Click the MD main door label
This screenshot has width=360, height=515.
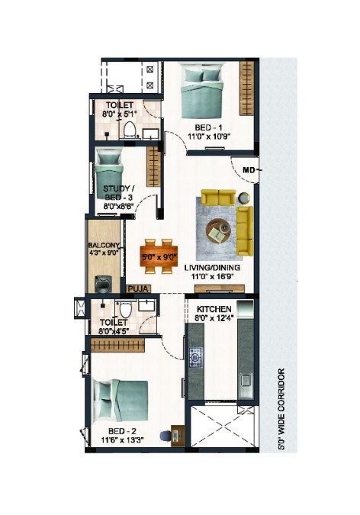click(249, 170)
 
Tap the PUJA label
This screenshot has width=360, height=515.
click(139, 289)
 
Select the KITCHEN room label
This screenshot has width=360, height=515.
click(214, 309)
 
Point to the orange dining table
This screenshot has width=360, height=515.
click(159, 256)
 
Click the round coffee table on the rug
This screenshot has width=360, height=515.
click(219, 230)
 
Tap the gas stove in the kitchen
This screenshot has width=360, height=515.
click(195, 356)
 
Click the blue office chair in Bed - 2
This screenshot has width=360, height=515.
click(166, 436)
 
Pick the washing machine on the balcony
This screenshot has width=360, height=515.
click(102, 284)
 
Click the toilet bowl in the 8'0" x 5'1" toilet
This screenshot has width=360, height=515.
click(130, 129)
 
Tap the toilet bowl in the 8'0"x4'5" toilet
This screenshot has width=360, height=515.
click(125, 309)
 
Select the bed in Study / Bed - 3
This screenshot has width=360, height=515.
click(108, 174)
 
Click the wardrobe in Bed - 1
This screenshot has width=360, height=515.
click(246, 88)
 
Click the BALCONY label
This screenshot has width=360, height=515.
click(104, 246)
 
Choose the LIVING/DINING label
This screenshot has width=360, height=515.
click(212, 267)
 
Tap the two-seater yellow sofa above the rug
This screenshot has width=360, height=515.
click(218, 197)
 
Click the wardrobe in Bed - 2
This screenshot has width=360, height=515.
click(117, 345)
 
